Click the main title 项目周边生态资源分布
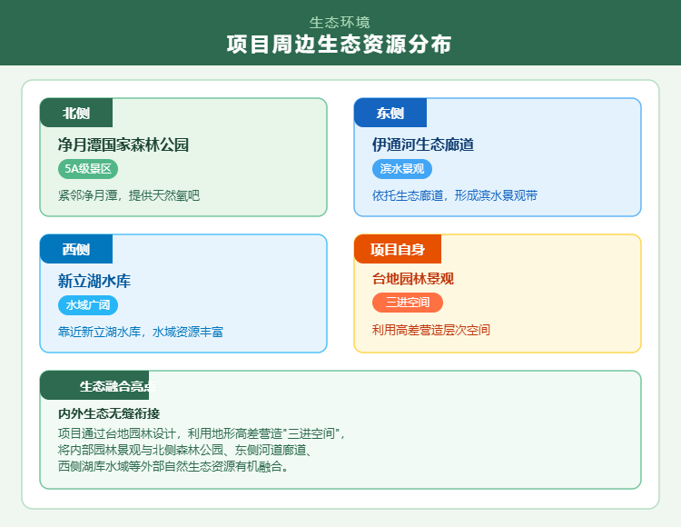click(x=340, y=45)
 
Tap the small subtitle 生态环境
click(x=340, y=22)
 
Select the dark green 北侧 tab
click(x=76, y=113)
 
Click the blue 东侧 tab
click(x=390, y=113)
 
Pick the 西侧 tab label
click(x=76, y=249)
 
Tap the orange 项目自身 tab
click(x=398, y=249)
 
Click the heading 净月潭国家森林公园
click(x=123, y=144)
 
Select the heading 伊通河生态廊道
click(x=423, y=144)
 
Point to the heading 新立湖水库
click(x=94, y=281)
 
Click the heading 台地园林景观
click(x=413, y=279)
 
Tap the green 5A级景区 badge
click(x=88, y=169)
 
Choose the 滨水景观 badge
click(x=402, y=169)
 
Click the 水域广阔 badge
click(x=88, y=305)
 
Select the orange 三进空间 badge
click(x=408, y=303)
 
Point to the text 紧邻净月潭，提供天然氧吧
click(x=128, y=195)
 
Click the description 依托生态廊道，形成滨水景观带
click(x=455, y=195)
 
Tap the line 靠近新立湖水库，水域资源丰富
click(x=141, y=332)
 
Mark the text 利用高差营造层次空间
click(x=431, y=330)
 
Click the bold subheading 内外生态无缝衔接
click(x=109, y=413)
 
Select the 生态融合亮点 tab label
click(x=117, y=386)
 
